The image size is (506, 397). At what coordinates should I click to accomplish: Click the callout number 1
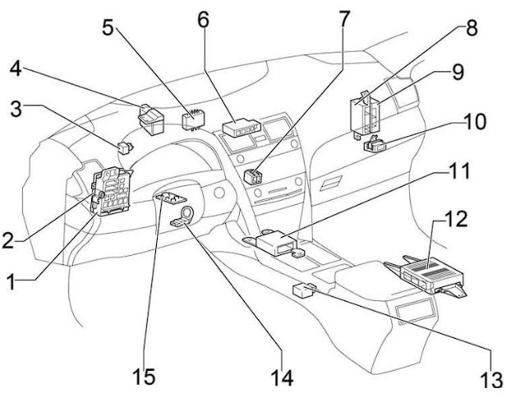click(x=11, y=281)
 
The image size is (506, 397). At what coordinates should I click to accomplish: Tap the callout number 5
click(x=108, y=27)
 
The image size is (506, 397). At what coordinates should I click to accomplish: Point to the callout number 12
click(x=455, y=219)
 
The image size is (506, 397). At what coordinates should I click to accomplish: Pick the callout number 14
click(x=282, y=377)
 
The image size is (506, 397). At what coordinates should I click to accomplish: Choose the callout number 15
click(x=144, y=376)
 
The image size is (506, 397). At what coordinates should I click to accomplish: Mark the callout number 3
click(x=16, y=109)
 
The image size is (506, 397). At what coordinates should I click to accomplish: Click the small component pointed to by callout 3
click(x=126, y=148)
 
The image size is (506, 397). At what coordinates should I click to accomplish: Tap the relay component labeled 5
click(x=194, y=120)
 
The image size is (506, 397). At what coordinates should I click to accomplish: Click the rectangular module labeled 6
click(x=241, y=128)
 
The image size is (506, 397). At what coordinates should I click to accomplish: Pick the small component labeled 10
click(x=375, y=144)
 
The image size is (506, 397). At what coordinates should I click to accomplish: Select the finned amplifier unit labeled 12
click(x=426, y=274)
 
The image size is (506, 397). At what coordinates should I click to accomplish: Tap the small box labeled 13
click(x=303, y=290)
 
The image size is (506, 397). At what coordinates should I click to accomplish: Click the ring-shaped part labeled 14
click(x=182, y=217)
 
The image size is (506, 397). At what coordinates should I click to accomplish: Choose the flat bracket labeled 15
click(x=170, y=198)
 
